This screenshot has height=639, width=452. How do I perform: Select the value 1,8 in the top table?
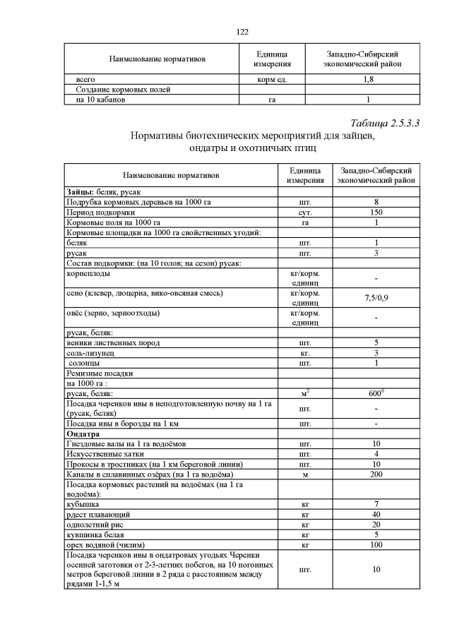368,80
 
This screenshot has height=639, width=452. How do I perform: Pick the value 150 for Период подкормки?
376,212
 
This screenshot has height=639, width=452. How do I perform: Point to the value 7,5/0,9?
376,297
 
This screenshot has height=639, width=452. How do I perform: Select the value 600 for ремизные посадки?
376,393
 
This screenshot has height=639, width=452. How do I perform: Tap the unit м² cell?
305,393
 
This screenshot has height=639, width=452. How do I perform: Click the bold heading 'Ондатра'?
83,434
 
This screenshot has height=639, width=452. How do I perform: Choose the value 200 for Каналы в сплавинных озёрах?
376,474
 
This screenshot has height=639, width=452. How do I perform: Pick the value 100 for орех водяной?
376,545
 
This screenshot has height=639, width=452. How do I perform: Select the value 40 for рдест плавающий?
376,515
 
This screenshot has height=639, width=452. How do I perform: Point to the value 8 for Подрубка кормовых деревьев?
376,202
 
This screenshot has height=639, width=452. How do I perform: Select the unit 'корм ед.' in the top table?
273,80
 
